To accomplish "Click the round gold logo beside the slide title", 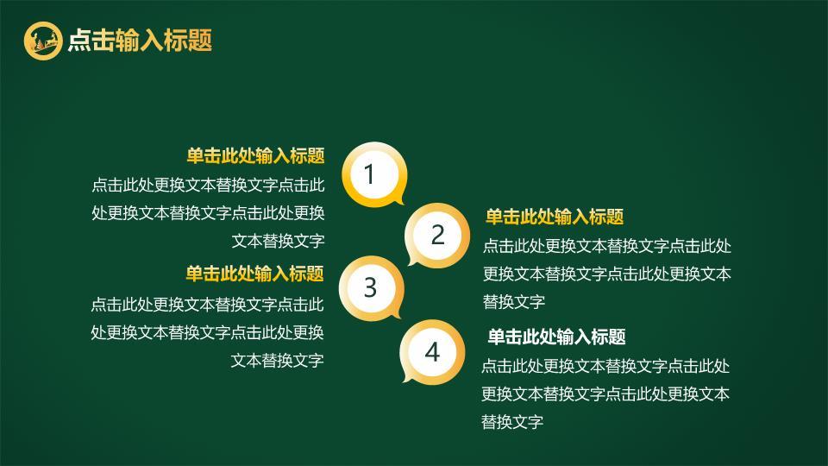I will click(43, 40).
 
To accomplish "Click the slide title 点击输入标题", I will click(140, 40).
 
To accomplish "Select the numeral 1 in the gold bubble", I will click(370, 174).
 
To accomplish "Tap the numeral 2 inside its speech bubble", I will click(437, 235).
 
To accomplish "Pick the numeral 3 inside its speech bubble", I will click(370, 287).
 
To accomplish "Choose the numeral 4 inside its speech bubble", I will click(432, 351).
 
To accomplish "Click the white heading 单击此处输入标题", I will click(556, 337).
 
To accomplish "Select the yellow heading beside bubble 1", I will click(255, 155).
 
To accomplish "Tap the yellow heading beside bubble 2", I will click(554, 217).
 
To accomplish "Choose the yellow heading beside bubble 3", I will click(254, 274).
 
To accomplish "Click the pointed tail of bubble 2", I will click(413, 261).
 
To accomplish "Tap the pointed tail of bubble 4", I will click(408, 377).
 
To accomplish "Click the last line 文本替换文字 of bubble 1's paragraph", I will click(278, 241).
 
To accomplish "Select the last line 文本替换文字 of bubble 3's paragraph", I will click(277, 360).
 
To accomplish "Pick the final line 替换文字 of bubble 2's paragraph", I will click(514, 301).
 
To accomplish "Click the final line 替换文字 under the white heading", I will click(512, 422).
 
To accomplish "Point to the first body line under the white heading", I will click(605, 366).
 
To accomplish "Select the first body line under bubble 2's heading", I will click(607, 246).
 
